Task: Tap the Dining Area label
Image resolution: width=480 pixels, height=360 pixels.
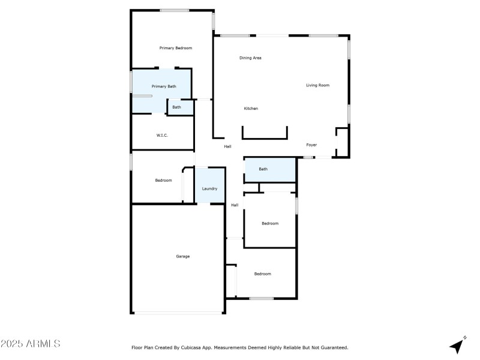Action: (x=250, y=58)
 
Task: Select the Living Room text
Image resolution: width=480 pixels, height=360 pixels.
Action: (x=317, y=85)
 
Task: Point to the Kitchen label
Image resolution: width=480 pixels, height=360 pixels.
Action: (x=251, y=109)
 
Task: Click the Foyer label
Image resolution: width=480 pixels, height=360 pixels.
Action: (x=311, y=145)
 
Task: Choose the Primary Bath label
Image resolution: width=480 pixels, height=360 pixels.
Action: (x=163, y=86)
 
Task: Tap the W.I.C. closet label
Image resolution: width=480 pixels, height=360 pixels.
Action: (x=162, y=135)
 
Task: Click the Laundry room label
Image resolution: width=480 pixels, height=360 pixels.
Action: (x=209, y=188)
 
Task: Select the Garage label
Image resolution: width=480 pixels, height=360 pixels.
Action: (x=182, y=256)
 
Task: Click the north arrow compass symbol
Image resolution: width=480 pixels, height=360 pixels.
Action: (x=458, y=345)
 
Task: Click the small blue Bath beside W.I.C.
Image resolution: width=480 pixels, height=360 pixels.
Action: (x=176, y=107)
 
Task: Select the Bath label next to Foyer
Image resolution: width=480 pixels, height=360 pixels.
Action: (x=263, y=169)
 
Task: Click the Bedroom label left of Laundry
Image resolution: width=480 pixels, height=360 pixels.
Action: (x=163, y=180)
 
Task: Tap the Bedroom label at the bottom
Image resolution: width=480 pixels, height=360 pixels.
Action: (x=262, y=274)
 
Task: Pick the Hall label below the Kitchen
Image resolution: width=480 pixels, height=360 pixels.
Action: (x=227, y=146)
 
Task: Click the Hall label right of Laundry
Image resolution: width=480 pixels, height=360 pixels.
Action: (x=235, y=205)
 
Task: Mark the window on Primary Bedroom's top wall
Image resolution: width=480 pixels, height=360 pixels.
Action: (x=174, y=10)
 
